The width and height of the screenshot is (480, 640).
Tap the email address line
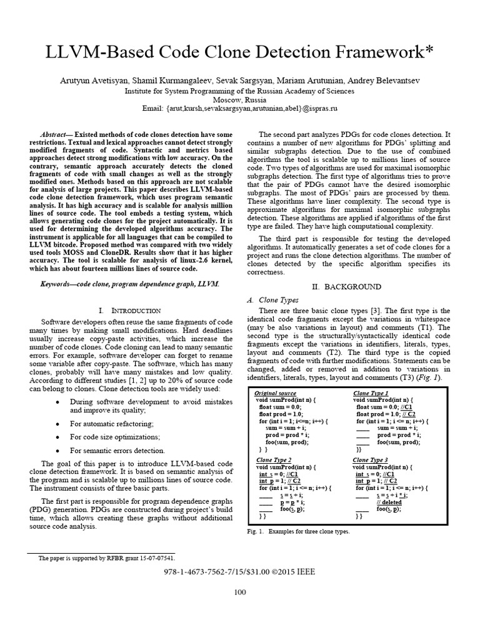(x=240, y=108)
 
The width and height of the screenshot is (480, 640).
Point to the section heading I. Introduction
(x=130, y=310)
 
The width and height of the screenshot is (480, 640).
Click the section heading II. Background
(x=346, y=286)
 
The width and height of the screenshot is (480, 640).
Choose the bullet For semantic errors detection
(x=117, y=450)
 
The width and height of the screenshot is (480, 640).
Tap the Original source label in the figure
(x=275, y=393)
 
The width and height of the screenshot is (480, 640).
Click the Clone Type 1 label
(x=371, y=393)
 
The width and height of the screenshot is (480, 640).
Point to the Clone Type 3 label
(x=371, y=460)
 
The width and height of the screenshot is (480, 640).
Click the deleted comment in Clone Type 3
(x=389, y=502)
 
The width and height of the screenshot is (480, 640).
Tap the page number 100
(x=240, y=593)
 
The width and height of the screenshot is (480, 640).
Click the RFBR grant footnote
(x=107, y=557)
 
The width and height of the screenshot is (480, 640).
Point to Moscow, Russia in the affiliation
(x=239, y=99)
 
